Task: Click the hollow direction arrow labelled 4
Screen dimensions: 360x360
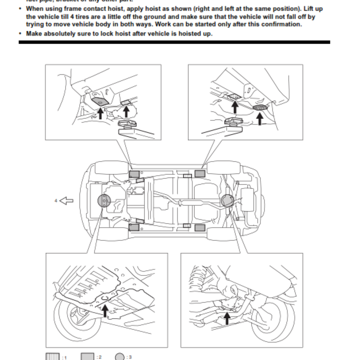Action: point(66,201)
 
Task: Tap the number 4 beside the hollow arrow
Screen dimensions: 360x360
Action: point(56,201)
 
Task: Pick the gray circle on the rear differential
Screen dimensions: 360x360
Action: point(226,201)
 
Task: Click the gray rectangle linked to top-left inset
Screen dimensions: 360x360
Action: point(134,174)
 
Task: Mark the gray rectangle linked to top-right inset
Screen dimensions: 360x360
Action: point(200,174)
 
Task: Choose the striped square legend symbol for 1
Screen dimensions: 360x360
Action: point(52,356)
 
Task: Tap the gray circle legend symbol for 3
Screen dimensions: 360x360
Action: point(120,356)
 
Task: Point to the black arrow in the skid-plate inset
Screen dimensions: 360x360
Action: point(105,309)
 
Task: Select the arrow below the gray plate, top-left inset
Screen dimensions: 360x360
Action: point(100,112)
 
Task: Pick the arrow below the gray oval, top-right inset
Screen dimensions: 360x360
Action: point(260,118)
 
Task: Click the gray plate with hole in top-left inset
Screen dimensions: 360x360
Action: point(99,101)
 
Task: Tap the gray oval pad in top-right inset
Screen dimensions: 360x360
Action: point(260,108)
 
